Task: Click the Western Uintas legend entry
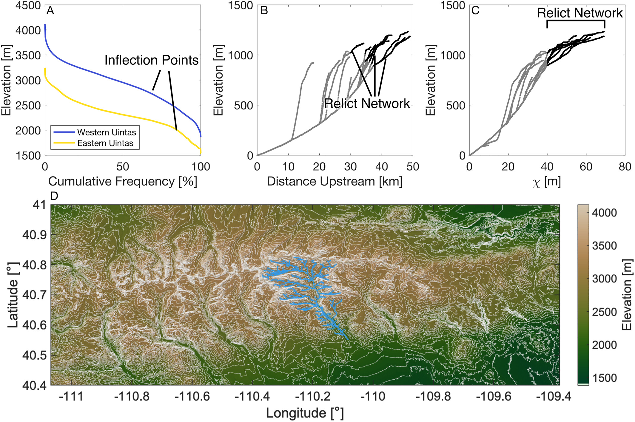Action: point(106,132)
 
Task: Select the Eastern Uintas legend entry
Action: point(105,143)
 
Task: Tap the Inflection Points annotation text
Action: point(151,60)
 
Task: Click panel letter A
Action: point(50,11)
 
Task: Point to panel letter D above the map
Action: point(54,196)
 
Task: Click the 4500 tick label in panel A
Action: point(28,5)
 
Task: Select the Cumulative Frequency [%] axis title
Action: point(123,181)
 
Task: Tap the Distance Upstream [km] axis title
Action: point(335,181)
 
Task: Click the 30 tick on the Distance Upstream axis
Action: point(350,167)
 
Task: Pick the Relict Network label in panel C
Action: point(579,13)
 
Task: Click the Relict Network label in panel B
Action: point(367,103)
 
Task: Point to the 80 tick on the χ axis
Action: point(625,167)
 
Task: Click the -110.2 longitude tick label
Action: point(313,396)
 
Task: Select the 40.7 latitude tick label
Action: point(35,295)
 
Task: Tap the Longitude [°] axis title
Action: point(305,413)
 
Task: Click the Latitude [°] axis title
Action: point(13,295)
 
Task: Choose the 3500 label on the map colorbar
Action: point(604,246)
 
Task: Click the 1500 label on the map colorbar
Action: point(604,378)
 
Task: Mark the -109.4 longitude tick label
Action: point(554,396)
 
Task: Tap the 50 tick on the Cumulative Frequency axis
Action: point(123,167)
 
